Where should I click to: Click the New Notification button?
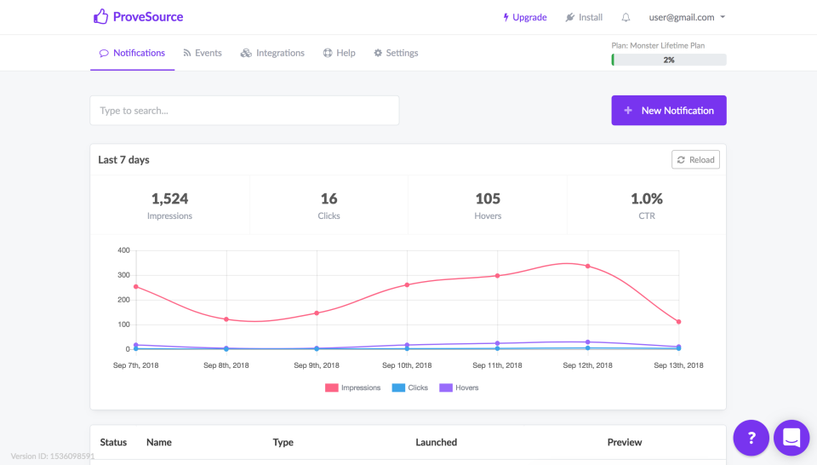668,111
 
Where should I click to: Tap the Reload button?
695,160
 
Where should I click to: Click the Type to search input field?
244,111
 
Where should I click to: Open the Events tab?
202,53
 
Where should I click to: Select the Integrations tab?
272,53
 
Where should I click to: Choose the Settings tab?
396,53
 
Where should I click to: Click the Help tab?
339,53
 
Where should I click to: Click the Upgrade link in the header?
524,17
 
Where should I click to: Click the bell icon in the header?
626,17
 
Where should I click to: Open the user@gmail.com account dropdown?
687,17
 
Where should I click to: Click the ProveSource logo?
138,17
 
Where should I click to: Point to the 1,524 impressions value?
169,198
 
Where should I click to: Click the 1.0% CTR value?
646,198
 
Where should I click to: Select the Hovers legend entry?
459,387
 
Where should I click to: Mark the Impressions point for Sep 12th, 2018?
588,267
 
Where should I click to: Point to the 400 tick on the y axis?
123,250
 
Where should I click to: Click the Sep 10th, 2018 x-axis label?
407,365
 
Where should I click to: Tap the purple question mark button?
751,438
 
